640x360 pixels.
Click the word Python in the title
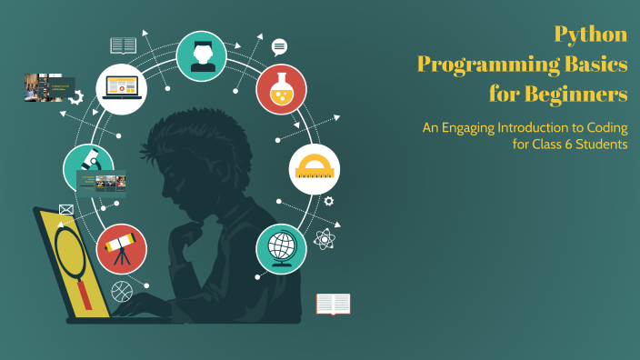[591, 35]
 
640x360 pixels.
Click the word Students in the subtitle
[600, 145]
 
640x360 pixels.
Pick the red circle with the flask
[281, 88]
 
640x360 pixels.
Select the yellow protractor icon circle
[314, 168]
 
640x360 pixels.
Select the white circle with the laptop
[122, 88]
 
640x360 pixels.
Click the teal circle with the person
[202, 55]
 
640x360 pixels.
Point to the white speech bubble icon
[279, 46]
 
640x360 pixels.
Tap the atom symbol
[325, 239]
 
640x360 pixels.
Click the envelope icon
[66, 209]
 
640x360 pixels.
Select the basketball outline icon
[121, 292]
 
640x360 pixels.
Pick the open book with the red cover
[334, 304]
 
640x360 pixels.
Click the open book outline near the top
[123, 45]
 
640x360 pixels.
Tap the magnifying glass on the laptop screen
[69, 251]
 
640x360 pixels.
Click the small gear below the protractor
[328, 201]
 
